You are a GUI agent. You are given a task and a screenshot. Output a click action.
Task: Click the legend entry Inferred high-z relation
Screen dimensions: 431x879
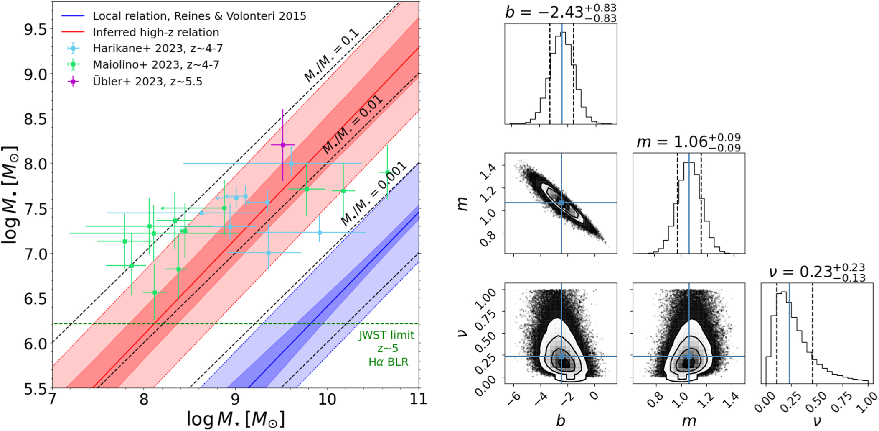coord(155,32)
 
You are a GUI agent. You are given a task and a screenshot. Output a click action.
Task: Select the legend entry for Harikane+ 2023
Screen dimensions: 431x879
coord(157,49)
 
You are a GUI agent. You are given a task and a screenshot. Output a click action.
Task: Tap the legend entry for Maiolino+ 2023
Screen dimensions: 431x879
coord(155,65)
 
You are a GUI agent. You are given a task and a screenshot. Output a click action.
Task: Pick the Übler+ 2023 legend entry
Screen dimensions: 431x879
coord(147,81)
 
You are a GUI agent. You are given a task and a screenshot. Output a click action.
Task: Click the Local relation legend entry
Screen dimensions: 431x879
coord(199,16)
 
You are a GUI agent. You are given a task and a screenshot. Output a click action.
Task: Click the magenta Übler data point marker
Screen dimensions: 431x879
coord(283,145)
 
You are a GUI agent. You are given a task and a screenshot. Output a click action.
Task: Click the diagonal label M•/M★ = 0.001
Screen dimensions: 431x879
coord(374,193)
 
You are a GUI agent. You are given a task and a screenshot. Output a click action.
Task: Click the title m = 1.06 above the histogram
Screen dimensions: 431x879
coord(688,142)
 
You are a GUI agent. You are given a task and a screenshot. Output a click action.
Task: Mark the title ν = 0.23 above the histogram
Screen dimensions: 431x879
coord(816,272)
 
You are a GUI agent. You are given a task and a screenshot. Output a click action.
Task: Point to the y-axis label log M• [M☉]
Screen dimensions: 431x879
coord(10,195)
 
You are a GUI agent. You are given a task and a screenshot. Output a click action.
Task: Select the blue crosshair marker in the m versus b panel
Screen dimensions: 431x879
coord(561,203)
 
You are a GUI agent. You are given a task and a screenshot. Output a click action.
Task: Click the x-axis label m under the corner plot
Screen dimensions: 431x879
coord(689,421)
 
